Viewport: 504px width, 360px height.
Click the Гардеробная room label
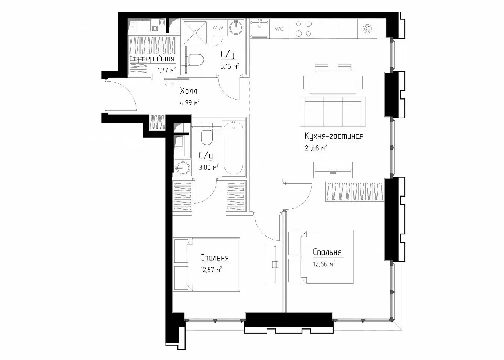[x=152, y=59]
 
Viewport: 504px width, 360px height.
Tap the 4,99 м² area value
[x=190, y=103]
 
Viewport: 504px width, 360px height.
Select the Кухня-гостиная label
[x=334, y=136]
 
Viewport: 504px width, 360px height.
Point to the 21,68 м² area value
[x=316, y=148]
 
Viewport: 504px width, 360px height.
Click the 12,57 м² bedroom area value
[x=212, y=270]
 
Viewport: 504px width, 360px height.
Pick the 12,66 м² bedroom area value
[x=324, y=264]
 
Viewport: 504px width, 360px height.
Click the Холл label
[x=188, y=91]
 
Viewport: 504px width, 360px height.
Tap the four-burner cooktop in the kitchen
[x=303, y=29]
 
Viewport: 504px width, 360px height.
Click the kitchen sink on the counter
[x=260, y=29]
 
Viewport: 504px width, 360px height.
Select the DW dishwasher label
[x=279, y=29]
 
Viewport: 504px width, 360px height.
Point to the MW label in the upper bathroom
[x=218, y=28]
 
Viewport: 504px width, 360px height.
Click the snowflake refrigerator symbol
[x=367, y=29]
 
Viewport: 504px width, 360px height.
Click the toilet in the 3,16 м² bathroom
[x=195, y=60]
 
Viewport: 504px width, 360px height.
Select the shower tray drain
[x=195, y=33]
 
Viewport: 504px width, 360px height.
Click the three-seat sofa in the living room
[x=333, y=112]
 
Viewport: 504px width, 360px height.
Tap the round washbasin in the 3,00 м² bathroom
[x=183, y=168]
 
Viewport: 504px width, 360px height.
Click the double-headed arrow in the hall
[x=169, y=84]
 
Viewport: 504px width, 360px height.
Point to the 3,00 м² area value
[x=209, y=168]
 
